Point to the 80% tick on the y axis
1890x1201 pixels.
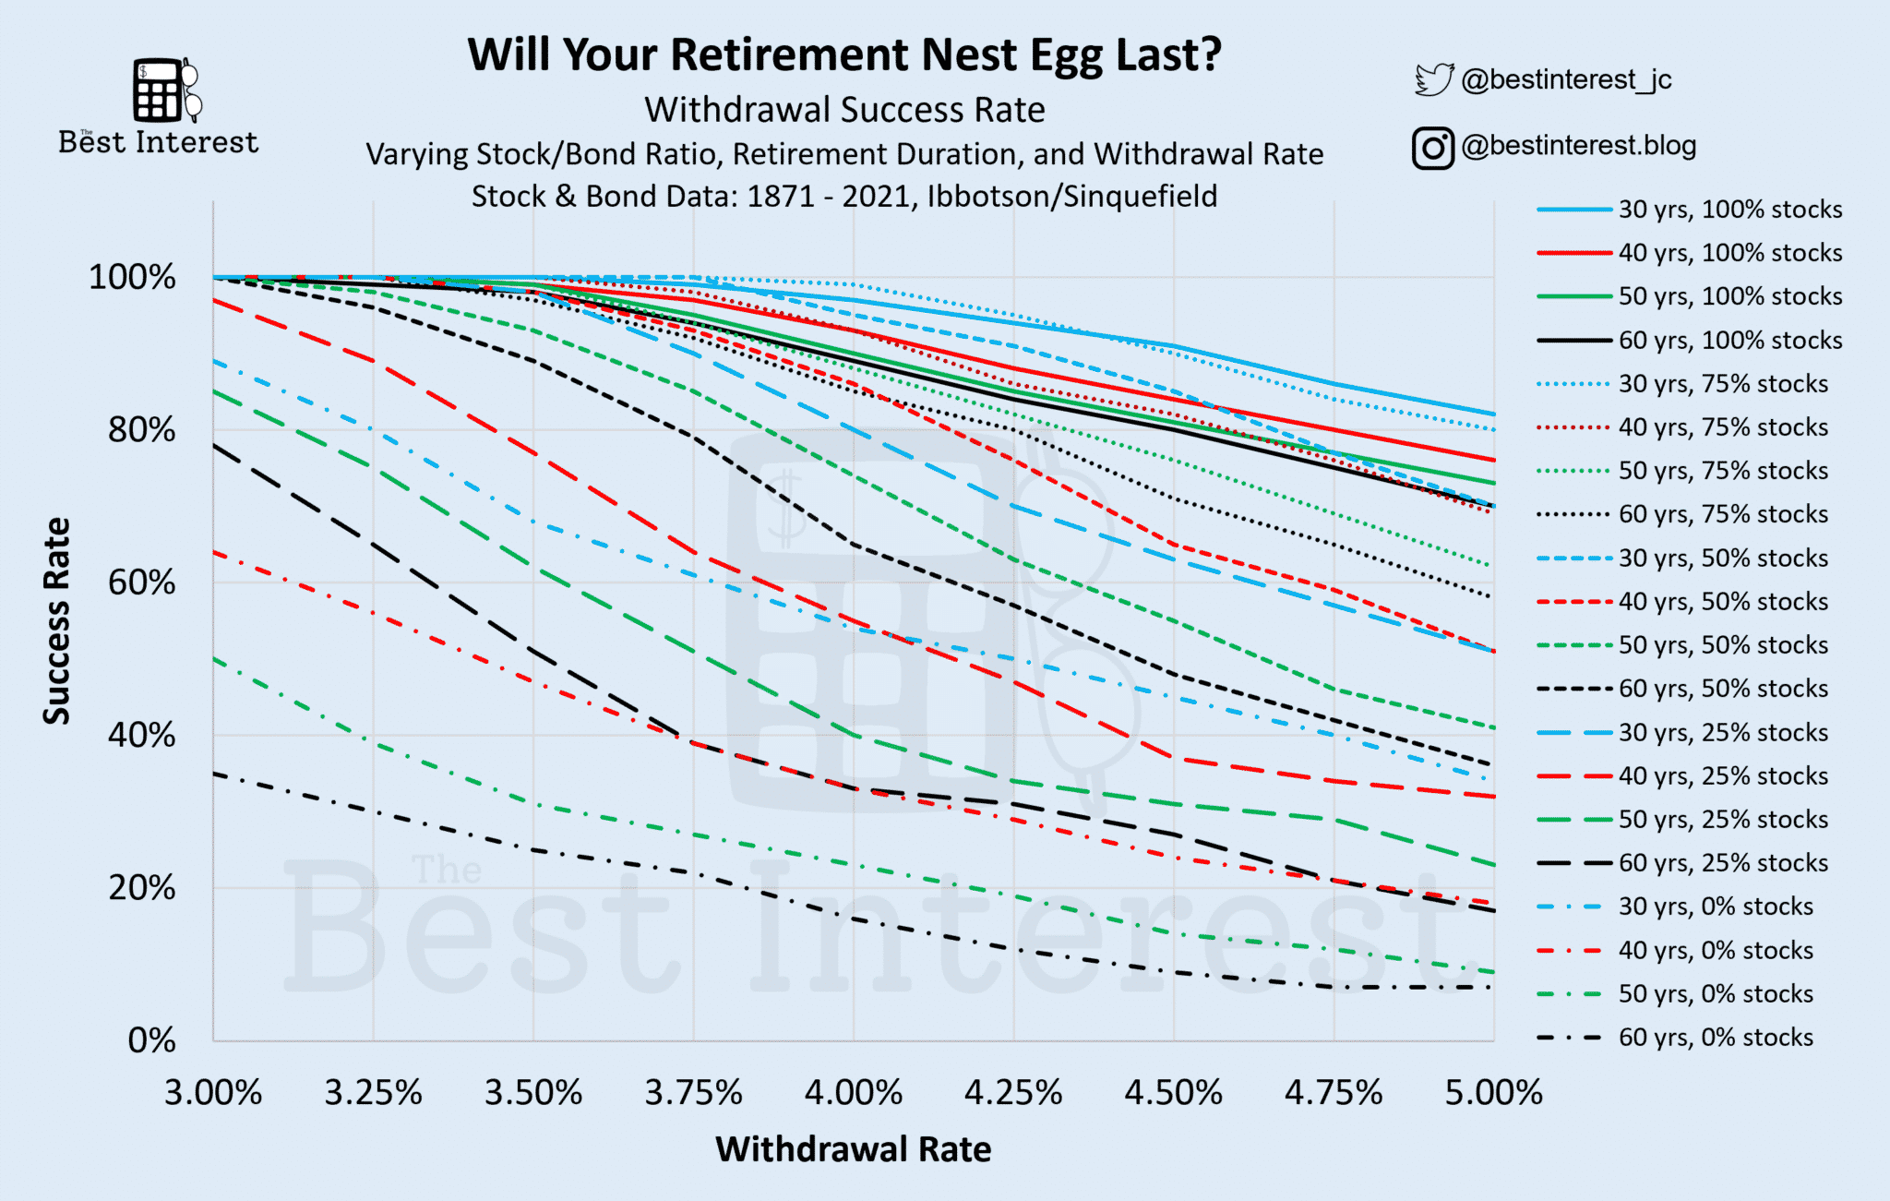point(141,430)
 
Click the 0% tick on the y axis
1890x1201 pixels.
point(151,1041)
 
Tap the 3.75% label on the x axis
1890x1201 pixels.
point(693,1093)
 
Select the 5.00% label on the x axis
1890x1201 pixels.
point(1493,1093)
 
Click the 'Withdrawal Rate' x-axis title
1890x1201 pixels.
point(853,1149)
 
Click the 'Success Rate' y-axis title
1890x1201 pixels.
point(56,620)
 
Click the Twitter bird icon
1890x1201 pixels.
point(1433,79)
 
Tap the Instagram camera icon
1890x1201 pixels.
point(1432,148)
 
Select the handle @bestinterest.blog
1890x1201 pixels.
point(1578,146)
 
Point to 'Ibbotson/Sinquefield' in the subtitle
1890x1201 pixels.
point(1072,197)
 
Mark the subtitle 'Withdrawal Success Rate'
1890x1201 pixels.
point(844,110)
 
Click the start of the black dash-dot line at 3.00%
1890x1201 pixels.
point(214,774)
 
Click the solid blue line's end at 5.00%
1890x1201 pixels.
point(1493,414)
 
